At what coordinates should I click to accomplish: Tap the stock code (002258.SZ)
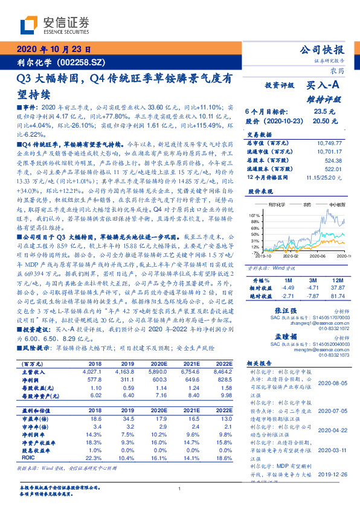click(x=83, y=63)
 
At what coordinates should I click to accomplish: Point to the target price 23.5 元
click(x=320, y=112)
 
